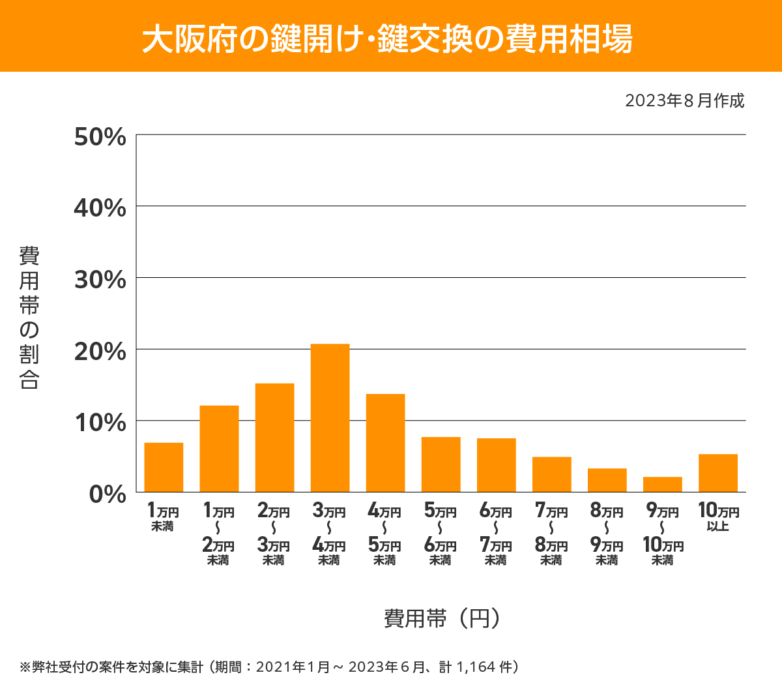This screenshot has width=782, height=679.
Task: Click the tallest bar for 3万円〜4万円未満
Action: coord(330,417)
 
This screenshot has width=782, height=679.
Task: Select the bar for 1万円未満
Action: coord(164,467)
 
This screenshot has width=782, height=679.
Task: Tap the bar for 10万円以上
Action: coord(717,473)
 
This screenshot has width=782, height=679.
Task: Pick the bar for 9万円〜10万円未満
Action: coord(662,484)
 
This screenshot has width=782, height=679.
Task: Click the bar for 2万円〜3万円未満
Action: coord(274,437)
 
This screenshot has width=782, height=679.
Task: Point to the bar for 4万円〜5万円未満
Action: coord(385,442)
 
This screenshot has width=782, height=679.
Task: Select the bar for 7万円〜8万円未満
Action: coord(551,474)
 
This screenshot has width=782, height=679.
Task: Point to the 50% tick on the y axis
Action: coord(100,137)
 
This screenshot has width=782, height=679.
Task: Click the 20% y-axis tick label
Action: coord(100,352)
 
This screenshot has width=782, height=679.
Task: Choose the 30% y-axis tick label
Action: coord(100,280)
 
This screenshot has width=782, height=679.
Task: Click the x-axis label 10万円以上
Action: coord(718,517)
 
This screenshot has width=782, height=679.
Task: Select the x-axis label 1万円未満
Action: coord(163,517)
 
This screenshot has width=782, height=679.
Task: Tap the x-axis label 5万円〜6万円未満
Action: coord(441,535)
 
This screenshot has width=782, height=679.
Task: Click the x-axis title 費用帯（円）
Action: coord(441,618)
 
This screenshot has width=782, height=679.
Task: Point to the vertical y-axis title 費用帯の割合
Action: coord(29,318)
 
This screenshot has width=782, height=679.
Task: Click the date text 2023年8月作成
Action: coord(684,100)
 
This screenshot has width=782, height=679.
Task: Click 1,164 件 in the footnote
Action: coord(485,667)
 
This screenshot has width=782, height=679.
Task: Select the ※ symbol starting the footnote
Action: coord(25,667)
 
